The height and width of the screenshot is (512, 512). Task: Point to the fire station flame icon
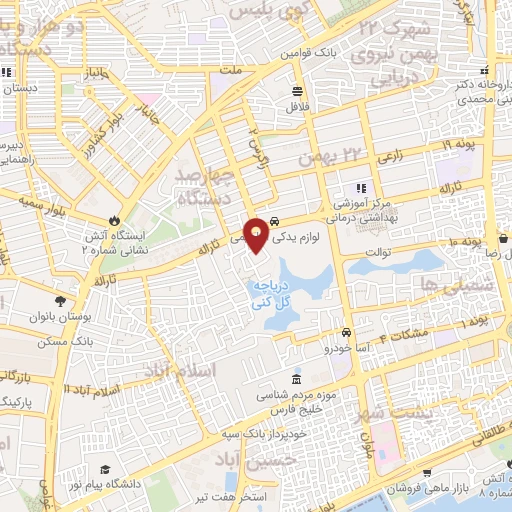click(115, 220)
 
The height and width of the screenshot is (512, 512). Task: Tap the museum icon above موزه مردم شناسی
click(295, 380)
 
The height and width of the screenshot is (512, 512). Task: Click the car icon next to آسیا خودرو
click(346, 332)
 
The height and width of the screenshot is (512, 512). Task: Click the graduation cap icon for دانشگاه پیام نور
click(104, 471)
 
